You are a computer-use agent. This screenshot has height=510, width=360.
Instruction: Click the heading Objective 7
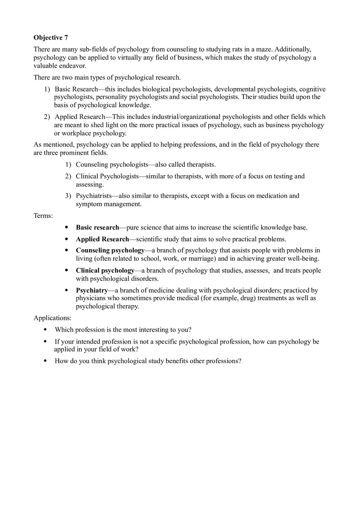tap(51, 38)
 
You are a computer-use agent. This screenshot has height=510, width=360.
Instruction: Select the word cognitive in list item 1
tap(313, 89)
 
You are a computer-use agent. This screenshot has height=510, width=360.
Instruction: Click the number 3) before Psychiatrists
tap(68, 196)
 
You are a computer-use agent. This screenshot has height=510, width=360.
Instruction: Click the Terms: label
tap(43, 216)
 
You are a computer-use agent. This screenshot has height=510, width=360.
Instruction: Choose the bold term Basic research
tap(97, 227)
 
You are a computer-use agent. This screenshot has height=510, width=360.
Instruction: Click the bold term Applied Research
tap(102, 239)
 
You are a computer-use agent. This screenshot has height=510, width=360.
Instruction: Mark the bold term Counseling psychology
tap(110, 250)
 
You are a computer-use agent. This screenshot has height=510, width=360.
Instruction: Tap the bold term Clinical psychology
tap(105, 271)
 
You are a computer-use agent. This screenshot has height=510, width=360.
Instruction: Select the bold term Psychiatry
tap(92, 290)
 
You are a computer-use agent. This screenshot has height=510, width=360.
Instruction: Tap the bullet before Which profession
tap(45, 330)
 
